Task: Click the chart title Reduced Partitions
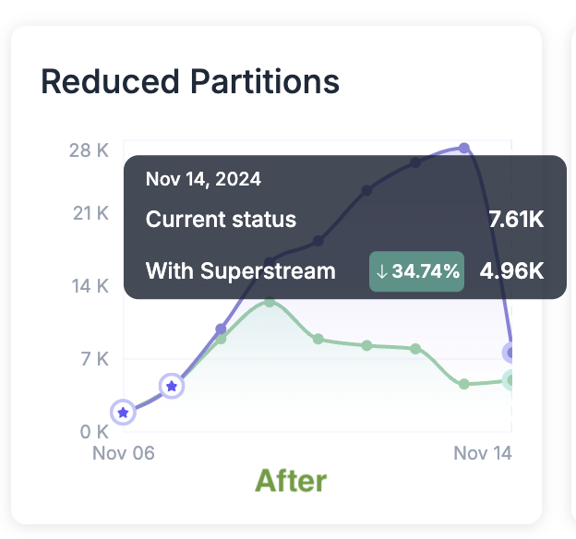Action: click(x=190, y=82)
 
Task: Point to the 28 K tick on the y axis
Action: click(x=89, y=150)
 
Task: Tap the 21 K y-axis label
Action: click(x=90, y=213)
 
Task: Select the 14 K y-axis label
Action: click(x=90, y=286)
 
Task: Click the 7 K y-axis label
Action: click(x=93, y=359)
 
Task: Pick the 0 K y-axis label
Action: click(x=93, y=431)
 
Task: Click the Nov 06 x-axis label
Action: click(x=124, y=453)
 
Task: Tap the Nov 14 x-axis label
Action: click(x=482, y=453)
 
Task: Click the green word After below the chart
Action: click(x=291, y=481)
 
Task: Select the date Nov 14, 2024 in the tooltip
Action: click(x=203, y=179)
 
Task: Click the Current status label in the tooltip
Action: click(x=222, y=220)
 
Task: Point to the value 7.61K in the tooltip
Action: click(x=516, y=220)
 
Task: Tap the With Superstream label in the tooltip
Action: click(x=241, y=271)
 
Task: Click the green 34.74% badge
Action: click(x=416, y=271)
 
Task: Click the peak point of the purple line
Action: click(x=464, y=148)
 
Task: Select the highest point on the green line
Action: click(x=269, y=301)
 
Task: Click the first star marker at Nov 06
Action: click(x=123, y=413)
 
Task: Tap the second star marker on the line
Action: click(x=171, y=386)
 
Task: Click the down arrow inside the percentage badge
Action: click(x=382, y=271)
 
